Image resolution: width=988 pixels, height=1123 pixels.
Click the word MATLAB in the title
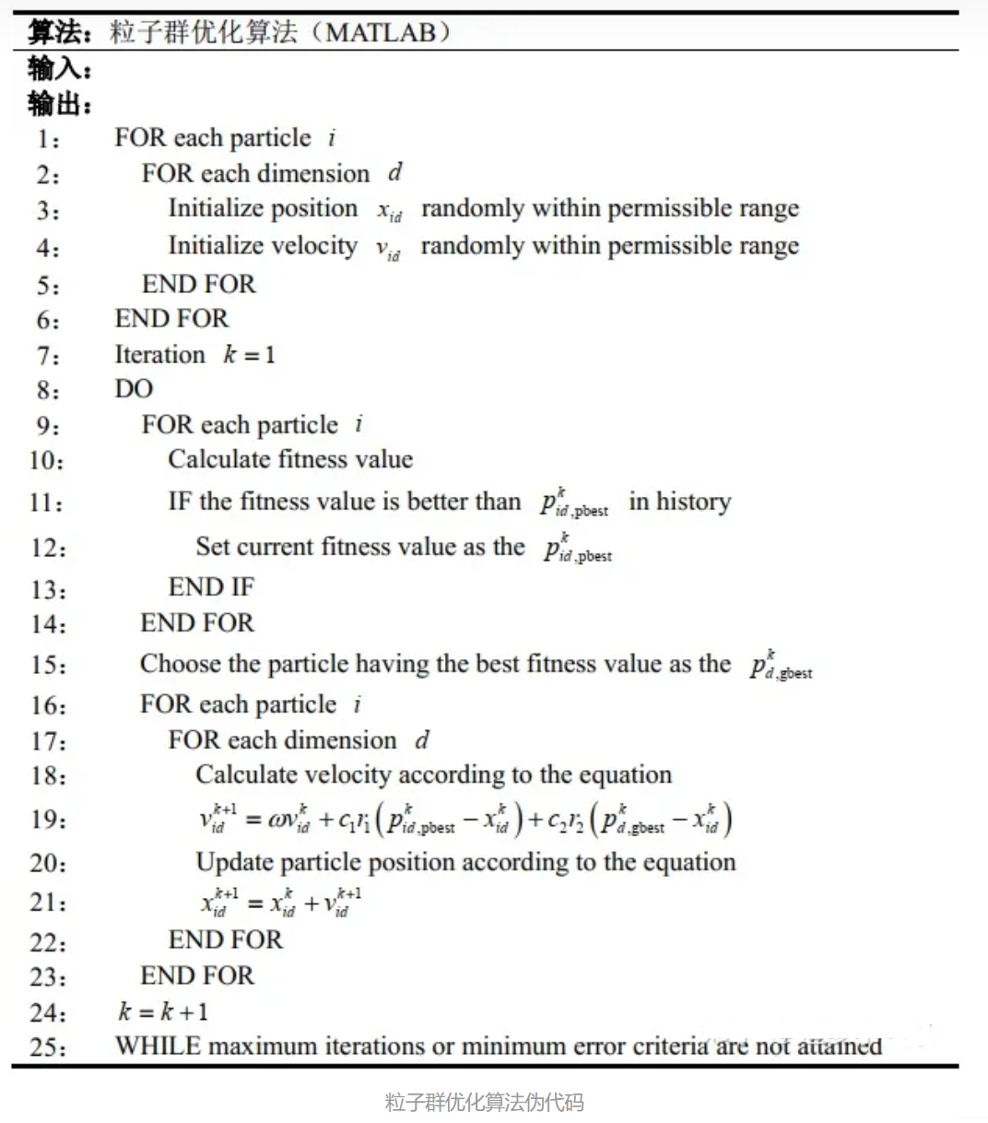click(x=381, y=33)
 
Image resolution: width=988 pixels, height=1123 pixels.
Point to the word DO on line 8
click(x=134, y=389)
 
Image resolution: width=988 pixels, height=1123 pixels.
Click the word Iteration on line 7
click(x=159, y=355)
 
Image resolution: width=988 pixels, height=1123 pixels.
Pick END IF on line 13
click(x=211, y=587)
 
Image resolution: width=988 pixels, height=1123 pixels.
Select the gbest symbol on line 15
click(x=781, y=667)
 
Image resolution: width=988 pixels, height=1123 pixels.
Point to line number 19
click(x=48, y=820)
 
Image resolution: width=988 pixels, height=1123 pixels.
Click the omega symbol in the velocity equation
click(x=276, y=821)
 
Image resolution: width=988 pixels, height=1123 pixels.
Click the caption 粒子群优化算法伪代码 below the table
click(x=484, y=1102)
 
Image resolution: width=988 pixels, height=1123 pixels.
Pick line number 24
click(x=48, y=1012)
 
